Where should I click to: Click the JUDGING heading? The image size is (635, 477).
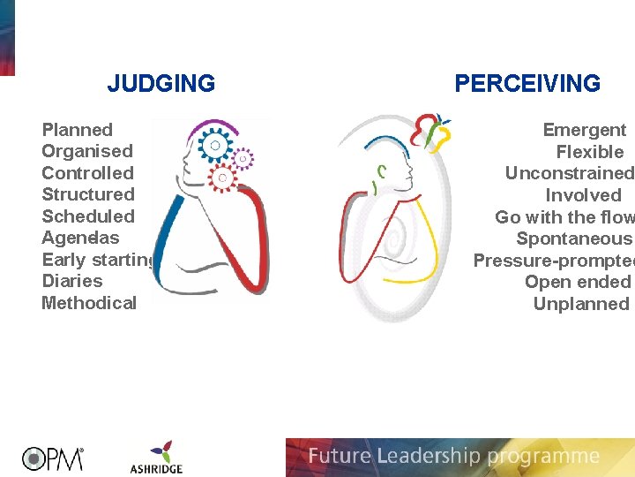161,84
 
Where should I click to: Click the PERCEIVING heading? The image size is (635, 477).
527,84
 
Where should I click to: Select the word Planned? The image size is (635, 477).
78,130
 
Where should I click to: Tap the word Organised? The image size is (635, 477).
87,151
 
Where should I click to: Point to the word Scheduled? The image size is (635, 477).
88,216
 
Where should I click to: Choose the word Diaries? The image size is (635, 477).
72,281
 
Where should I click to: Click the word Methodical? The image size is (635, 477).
89,303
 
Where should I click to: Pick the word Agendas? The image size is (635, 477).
80,238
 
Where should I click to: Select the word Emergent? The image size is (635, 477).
584,130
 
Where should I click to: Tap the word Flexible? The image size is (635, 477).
589,152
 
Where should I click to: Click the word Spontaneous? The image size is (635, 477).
574,238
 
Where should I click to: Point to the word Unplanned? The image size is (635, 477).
580,304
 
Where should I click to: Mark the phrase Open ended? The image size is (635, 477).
578,282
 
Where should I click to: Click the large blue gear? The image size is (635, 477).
213,144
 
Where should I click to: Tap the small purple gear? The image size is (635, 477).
243,158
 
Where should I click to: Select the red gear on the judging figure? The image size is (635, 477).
222,178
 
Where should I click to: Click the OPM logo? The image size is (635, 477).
53,458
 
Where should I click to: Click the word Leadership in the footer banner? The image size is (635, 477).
425,457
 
